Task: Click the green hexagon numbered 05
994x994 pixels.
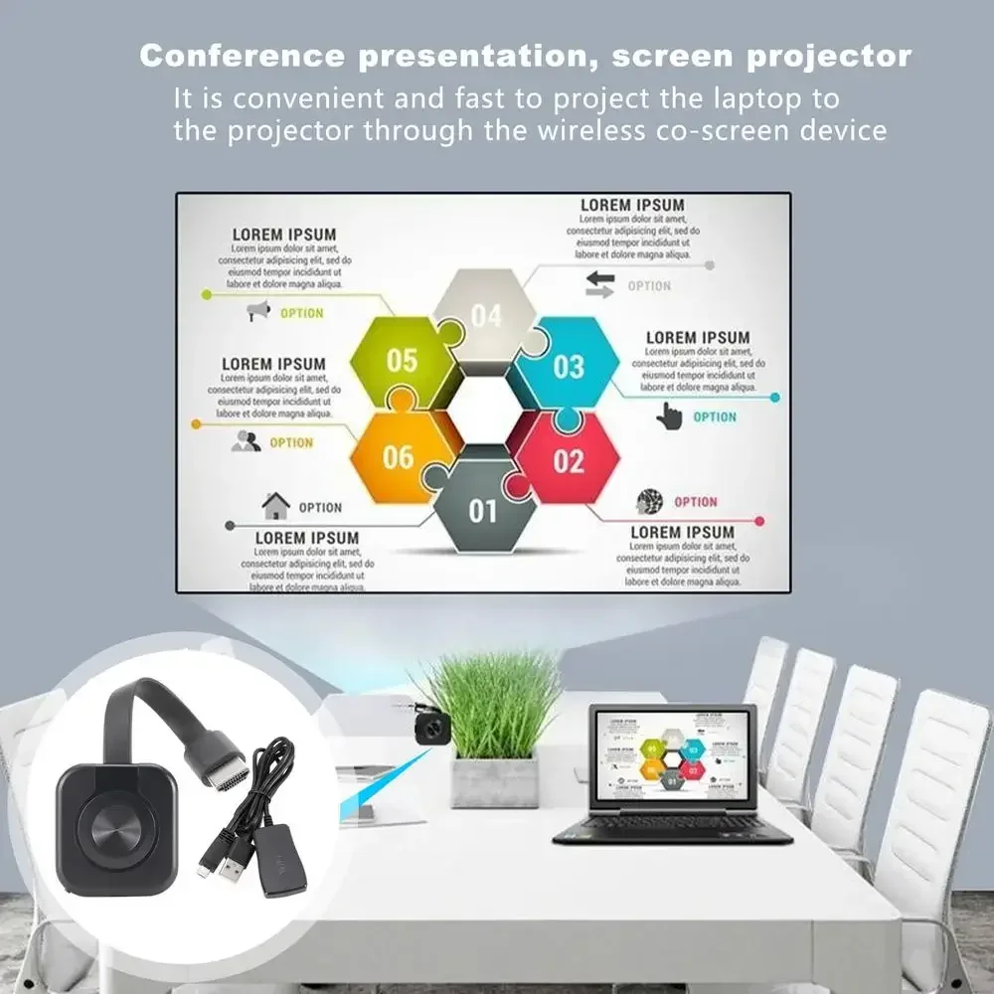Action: coord(402,360)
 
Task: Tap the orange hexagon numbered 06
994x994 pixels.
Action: coord(398,456)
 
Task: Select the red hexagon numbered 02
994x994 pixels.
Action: coord(568,460)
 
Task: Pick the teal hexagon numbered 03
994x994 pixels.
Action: coord(568,365)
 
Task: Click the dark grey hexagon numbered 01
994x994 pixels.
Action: coord(483,510)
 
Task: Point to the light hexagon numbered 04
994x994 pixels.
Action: coord(486,315)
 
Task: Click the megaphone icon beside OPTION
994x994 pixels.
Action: coord(258,312)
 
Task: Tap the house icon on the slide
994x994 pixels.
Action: coord(275,506)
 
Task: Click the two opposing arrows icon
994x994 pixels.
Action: coord(600,284)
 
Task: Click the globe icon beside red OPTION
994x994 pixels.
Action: coord(650,501)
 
